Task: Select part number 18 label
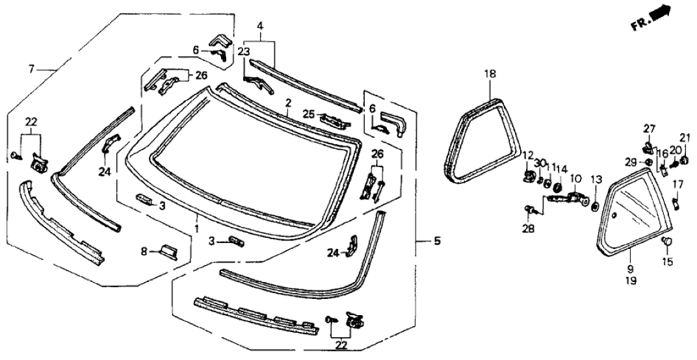point(490,74)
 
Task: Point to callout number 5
point(438,242)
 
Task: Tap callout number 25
point(309,114)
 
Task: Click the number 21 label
point(684,136)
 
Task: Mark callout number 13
point(596,179)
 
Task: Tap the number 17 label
point(679,185)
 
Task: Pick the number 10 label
point(575,178)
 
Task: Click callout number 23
point(243,51)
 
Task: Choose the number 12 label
point(527,155)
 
